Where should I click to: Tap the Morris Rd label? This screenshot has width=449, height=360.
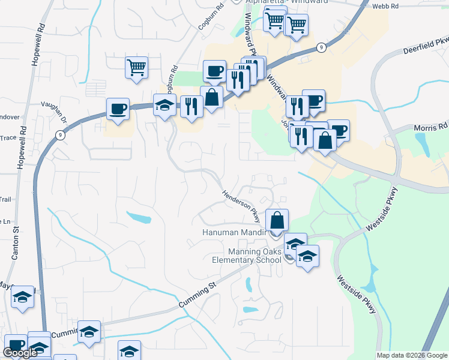[431, 127]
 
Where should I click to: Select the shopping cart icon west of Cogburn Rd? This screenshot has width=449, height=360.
[137, 67]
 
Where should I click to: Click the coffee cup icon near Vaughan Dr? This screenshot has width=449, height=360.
[118, 109]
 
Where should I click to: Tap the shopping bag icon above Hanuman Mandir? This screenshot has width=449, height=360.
[277, 220]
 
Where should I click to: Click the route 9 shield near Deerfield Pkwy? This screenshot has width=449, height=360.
[322, 47]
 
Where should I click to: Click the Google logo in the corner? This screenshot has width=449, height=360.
[20, 353]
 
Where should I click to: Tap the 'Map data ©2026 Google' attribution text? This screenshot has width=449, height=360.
[412, 355]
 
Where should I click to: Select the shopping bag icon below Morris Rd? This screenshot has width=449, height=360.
[325, 140]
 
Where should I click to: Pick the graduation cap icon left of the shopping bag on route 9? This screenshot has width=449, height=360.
[164, 106]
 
